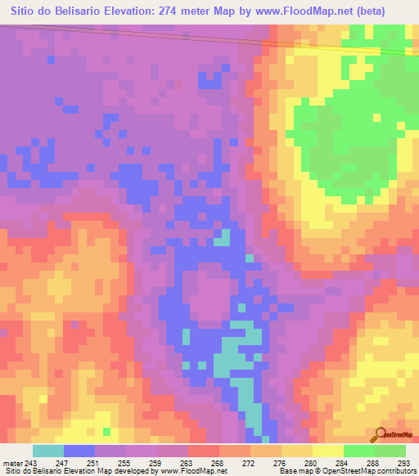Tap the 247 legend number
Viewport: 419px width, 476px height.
click(x=61, y=463)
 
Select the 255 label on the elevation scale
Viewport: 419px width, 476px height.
click(x=123, y=463)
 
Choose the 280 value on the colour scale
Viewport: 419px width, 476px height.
click(x=309, y=463)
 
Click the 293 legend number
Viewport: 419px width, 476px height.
click(x=403, y=463)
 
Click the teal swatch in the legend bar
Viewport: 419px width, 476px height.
click(x=48, y=451)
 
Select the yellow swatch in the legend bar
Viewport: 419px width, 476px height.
click(x=328, y=451)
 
